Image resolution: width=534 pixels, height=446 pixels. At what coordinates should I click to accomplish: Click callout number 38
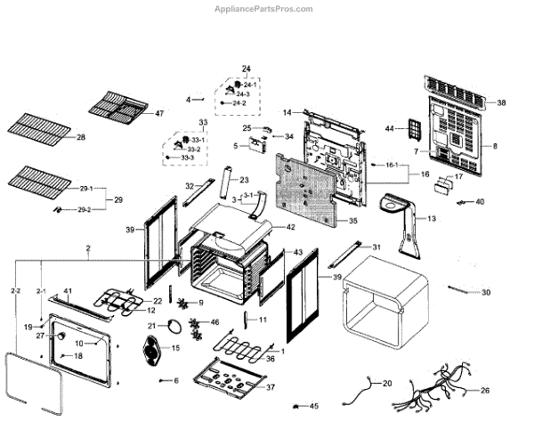pyautogui.click(x=501, y=103)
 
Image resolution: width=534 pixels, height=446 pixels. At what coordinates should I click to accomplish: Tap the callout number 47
pyautogui.click(x=159, y=114)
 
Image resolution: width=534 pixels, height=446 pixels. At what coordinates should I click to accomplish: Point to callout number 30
pyautogui.click(x=486, y=293)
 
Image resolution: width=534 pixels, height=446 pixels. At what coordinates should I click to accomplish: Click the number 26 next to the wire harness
pyautogui.click(x=485, y=390)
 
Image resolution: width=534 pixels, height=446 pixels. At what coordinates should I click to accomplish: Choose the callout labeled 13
pyautogui.click(x=432, y=218)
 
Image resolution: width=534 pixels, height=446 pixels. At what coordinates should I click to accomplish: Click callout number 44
pyautogui.click(x=390, y=129)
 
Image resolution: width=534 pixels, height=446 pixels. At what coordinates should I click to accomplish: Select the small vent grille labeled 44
pyautogui.click(x=413, y=130)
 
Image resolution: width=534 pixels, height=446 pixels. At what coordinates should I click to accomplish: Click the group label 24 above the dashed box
pyautogui.click(x=247, y=68)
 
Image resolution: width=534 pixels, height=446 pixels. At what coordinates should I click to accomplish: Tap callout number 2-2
pyautogui.click(x=15, y=291)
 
